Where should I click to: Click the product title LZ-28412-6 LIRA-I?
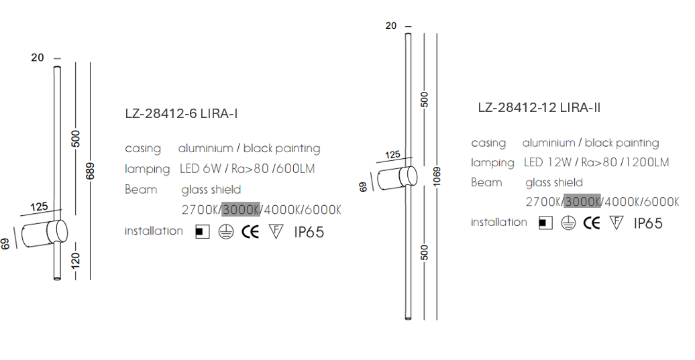(181, 114)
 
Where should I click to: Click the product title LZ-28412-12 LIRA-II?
(539, 108)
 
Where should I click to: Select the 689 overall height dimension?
(90, 172)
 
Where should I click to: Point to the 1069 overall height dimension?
(437, 176)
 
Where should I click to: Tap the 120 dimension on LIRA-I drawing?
(76, 260)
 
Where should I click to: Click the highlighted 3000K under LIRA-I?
(241, 209)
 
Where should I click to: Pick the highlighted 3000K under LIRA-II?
(582, 202)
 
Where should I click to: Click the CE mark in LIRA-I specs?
(250, 231)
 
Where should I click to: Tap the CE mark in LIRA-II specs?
(591, 223)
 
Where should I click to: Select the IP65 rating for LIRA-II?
(648, 223)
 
